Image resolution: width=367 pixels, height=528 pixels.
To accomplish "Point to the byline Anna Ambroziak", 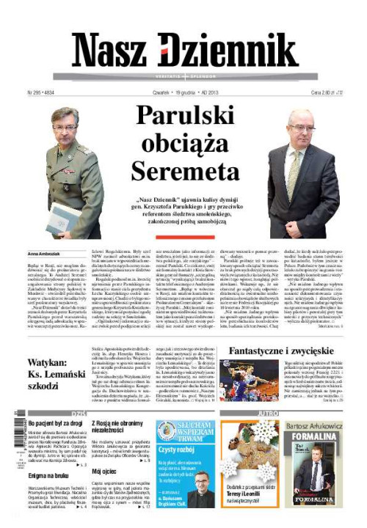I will click(41, 253).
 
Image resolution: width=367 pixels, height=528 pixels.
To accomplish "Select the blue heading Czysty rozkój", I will click(175, 450).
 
